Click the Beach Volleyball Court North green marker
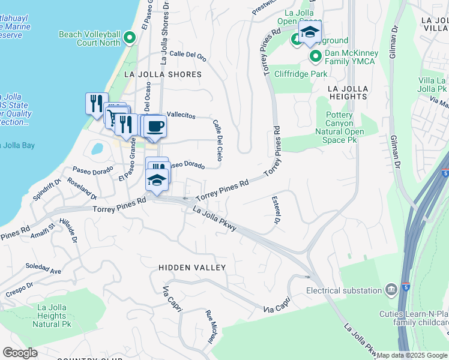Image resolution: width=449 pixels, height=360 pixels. click(x=128, y=40)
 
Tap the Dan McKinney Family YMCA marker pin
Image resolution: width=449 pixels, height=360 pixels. click(x=316, y=56)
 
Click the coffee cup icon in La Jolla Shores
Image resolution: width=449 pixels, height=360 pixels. click(x=155, y=127)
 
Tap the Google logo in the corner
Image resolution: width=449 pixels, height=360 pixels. click(x=20, y=353)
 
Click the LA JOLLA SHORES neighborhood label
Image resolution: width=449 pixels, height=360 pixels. click(x=162, y=74)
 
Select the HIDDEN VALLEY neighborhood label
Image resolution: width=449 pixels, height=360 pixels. click(x=192, y=267)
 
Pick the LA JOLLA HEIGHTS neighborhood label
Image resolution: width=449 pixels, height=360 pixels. click(x=348, y=92)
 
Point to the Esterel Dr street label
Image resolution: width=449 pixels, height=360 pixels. click(x=277, y=209)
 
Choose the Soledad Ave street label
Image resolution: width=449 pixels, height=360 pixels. click(x=43, y=268)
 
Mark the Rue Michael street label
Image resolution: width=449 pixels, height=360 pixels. click(x=211, y=326)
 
